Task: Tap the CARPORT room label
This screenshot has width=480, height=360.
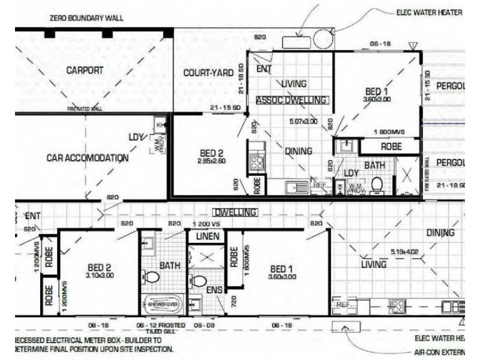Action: click(x=85, y=70)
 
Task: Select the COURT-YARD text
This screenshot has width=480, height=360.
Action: click(x=208, y=73)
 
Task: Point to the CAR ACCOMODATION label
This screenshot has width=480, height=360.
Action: click(x=88, y=158)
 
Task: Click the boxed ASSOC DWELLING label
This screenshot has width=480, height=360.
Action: click(x=292, y=100)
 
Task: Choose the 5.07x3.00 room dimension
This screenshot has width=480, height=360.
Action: click(x=302, y=121)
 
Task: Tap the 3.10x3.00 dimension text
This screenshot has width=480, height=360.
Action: click(x=100, y=275)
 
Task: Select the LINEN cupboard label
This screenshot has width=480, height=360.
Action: click(x=207, y=236)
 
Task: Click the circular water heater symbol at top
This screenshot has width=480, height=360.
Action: click(x=321, y=40)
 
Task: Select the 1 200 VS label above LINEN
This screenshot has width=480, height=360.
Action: click(x=206, y=224)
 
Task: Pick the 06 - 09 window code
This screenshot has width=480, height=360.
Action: click(x=202, y=325)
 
